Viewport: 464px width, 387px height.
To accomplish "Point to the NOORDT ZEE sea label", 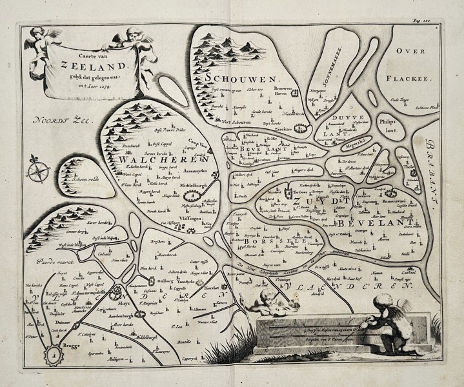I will pos(65,121).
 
